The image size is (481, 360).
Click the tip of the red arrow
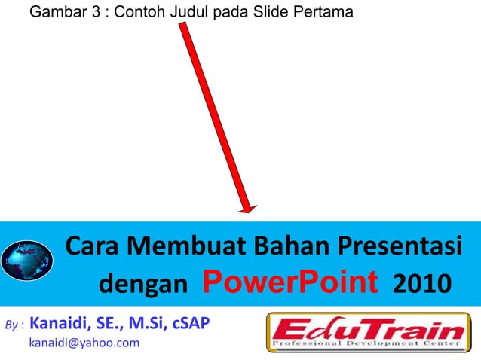[249, 212]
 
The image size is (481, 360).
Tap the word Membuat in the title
[186, 246]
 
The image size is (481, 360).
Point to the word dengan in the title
[144, 285]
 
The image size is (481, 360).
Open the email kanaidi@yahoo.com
[84, 343]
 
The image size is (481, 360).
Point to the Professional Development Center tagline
[367, 345]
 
